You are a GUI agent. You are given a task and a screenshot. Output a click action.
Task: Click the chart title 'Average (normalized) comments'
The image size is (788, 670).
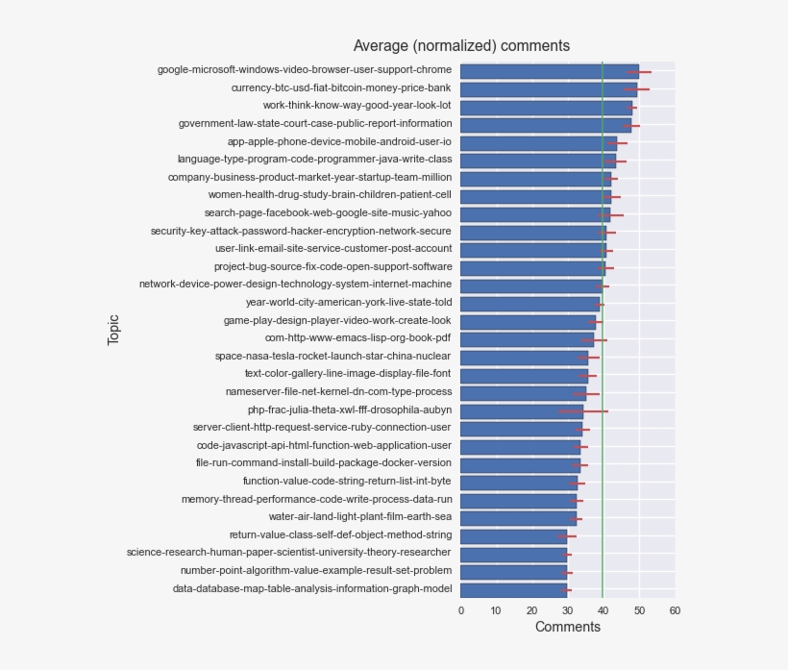pyautogui.click(x=461, y=46)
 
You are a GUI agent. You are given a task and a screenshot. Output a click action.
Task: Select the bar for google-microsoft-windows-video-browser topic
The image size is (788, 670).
pyautogui.click(x=548, y=70)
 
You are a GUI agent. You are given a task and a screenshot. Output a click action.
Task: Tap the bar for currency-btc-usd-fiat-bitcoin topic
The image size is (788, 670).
pyautogui.click(x=548, y=88)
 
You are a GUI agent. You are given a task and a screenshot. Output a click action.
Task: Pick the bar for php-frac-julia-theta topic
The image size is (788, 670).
pyautogui.click(x=519, y=410)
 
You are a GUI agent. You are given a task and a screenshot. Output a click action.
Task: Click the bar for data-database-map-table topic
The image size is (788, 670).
pyautogui.click(x=513, y=589)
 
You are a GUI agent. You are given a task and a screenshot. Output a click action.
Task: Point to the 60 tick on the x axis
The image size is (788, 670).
pyautogui.click(x=675, y=610)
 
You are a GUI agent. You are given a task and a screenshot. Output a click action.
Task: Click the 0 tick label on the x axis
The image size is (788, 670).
pyautogui.click(x=461, y=610)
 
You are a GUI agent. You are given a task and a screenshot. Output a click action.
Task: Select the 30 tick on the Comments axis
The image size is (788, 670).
pyautogui.click(x=568, y=610)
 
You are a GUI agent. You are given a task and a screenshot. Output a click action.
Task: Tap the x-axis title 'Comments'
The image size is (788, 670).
pyautogui.click(x=567, y=628)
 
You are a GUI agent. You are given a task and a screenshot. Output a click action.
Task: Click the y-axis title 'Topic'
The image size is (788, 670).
pyautogui.click(x=113, y=329)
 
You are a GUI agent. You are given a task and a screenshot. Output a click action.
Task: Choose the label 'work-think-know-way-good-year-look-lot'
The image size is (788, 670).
pyautogui.click(x=357, y=106)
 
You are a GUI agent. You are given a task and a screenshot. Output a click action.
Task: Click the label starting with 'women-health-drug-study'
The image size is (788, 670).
pyautogui.click(x=330, y=195)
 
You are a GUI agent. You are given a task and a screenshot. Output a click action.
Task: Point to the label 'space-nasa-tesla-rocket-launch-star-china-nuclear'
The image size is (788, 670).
pyautogui.click(x=332, y=356)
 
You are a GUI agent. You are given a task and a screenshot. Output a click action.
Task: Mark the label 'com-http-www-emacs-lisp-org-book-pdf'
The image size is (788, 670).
pyautogui.click(x=357, y=338)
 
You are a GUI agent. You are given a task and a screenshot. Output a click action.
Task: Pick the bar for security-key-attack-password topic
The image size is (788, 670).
pyautogui.click(x=533, y=232)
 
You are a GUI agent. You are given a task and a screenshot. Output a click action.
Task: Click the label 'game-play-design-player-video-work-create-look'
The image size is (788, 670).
pyautogui.click(x=337, y=320)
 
